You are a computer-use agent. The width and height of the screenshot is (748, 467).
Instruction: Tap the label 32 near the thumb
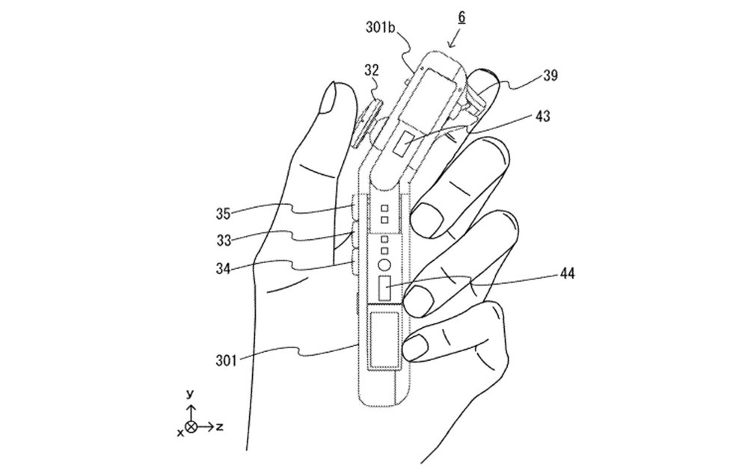click(x=372, y=72)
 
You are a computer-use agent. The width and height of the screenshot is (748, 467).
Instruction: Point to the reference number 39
click(x=551, y=75)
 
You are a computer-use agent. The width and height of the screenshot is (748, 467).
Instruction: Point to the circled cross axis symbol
click(x=191, y=427)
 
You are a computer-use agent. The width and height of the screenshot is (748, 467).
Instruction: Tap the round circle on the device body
click(x=384, y=264)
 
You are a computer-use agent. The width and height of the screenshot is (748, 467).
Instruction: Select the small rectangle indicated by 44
click(x=385, y=288)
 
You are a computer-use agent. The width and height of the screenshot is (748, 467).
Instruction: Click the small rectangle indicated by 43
click(x=404, y=140)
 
